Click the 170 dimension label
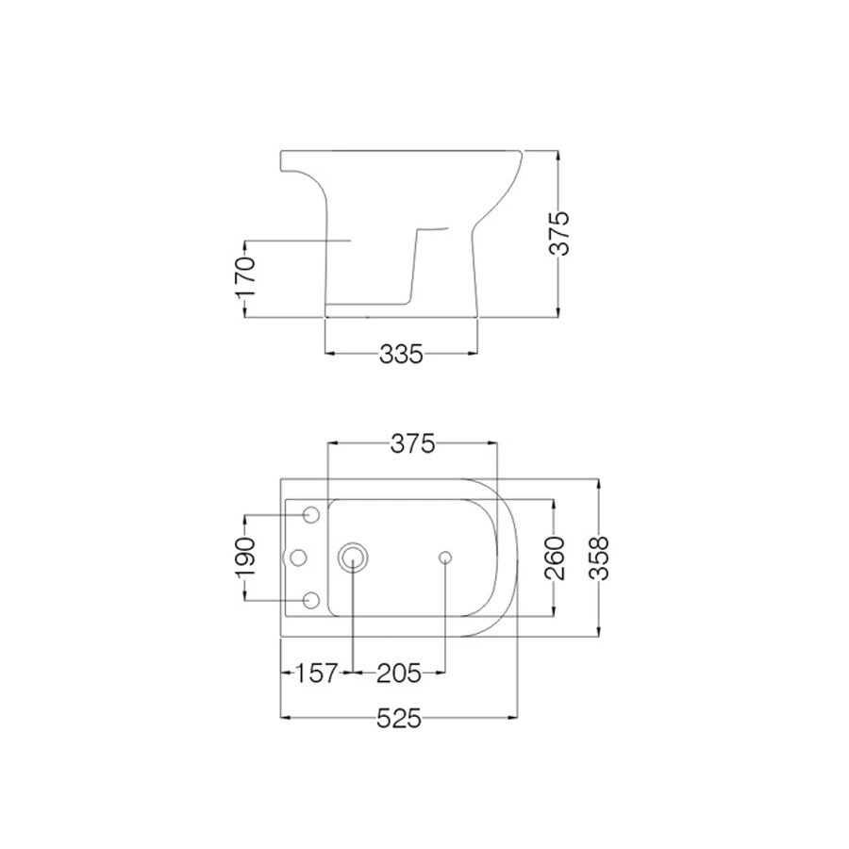(244, 276)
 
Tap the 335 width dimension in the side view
(401, 356)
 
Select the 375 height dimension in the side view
(559, 233)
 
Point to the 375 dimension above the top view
(412, 444)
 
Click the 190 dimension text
(244, 558)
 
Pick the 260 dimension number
(555, 558)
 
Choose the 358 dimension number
(599, 558)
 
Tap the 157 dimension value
(317, 674)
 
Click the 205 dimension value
(398, 674)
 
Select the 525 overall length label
(398, 719)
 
